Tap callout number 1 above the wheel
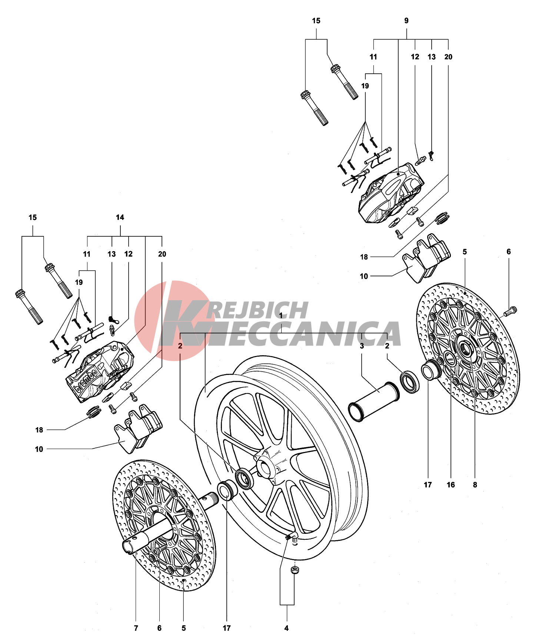click(281, 315)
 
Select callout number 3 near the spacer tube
click(362, 346)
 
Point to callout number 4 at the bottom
click(286, 628)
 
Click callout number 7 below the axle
click(136, 628)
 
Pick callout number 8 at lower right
click(475, 485)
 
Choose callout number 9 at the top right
click(406, 21)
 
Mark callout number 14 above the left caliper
click(120, 217)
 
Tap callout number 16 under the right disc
click(451, 485)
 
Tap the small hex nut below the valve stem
click(295, 571)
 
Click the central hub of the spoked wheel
click(264, 468)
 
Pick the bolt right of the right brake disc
click(511, 311)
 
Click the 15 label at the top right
click(316, 21)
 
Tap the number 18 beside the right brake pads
click(364, 257)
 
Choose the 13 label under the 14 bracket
click(112, 254)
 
